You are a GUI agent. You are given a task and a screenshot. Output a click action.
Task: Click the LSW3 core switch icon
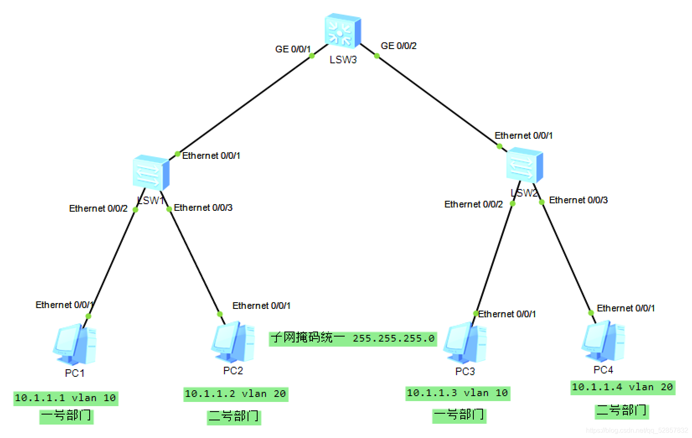coord(343,31)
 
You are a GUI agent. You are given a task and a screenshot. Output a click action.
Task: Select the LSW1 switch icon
coord(151,172)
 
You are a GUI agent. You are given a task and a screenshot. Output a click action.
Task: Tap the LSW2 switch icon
coord(524,165)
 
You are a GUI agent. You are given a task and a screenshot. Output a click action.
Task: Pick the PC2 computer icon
coord(233,342)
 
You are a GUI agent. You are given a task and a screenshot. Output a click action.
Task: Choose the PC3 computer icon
coord(465,342)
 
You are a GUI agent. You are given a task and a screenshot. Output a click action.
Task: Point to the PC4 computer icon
coord(603,341)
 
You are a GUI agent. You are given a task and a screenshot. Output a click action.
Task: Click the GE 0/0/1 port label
coord(292,49)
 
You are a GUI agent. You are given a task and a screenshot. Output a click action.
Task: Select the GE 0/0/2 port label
coord(398,46)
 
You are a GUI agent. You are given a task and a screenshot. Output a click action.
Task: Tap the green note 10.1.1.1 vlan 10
coord(66,398)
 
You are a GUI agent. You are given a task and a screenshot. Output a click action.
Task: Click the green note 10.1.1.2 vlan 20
coord(236,394)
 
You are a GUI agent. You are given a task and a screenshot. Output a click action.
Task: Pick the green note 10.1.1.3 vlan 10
coord(458,393)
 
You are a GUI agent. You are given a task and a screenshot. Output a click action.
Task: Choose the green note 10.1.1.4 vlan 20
coord(623,387)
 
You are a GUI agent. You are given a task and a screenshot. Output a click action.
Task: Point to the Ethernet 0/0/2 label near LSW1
coord(98,209)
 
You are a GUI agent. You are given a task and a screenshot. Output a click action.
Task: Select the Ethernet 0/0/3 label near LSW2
coord(578,200)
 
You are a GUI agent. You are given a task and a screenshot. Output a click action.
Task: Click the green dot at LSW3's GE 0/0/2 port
coord(377,56)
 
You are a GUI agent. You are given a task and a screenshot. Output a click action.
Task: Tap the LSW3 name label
coord(343,60)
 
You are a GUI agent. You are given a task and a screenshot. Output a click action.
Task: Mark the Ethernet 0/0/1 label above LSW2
coord(524,136)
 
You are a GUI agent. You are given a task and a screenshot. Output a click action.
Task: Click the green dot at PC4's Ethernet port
coord(591,313)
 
